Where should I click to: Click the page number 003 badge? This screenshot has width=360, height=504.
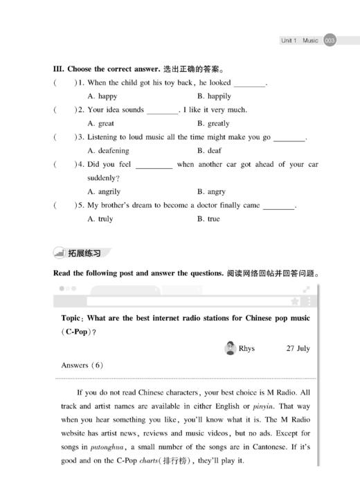point(330,41)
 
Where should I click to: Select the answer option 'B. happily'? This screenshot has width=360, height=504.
point(214,96)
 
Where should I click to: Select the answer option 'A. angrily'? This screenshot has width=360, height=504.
point(104,191)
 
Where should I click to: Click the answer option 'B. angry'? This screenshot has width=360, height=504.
point(211,191)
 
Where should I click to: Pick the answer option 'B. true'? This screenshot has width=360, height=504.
point(208,219)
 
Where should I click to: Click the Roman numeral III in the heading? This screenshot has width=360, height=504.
point(58,69)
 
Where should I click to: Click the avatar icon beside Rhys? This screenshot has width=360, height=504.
point(231,348)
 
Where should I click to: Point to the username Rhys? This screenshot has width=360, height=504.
point(246,349)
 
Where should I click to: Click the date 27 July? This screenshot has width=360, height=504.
point(298,349)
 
